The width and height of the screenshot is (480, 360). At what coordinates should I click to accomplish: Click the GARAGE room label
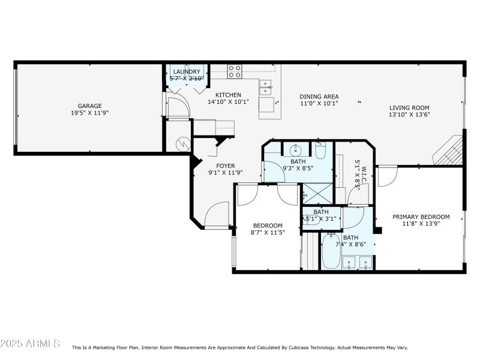[89, 106]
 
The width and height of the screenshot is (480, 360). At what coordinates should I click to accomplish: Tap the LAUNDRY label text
[187, 71]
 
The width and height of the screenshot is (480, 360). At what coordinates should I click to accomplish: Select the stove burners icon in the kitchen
[235, 72]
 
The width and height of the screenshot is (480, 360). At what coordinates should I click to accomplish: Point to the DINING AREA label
[319, 97]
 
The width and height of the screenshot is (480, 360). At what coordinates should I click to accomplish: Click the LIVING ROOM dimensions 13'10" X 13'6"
[409, 115]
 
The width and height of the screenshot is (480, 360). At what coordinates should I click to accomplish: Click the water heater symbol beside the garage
[182, 144]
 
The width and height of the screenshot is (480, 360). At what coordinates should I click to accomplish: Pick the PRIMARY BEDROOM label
[421, 217]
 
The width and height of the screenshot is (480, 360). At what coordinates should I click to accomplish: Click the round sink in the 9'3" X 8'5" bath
[295, 149]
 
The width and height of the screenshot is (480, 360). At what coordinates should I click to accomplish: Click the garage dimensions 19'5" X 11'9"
[89, 113]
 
